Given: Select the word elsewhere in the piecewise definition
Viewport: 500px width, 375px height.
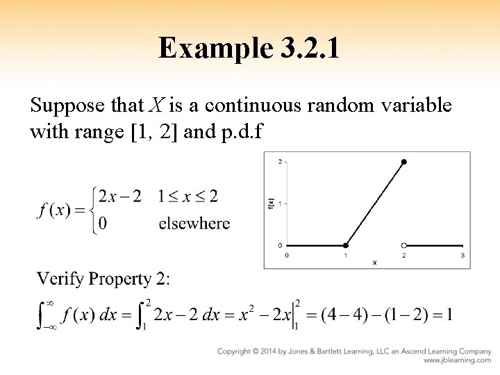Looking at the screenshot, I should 195,224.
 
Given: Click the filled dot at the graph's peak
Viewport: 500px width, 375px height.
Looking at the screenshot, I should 404,162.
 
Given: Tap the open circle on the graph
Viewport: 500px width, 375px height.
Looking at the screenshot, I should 404,245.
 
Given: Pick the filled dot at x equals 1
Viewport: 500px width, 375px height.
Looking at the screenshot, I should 346,245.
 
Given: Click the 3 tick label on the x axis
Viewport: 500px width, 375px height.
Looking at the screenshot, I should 463,255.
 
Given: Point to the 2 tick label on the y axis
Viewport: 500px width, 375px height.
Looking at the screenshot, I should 279,162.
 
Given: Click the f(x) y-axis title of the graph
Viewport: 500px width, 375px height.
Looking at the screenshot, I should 271,203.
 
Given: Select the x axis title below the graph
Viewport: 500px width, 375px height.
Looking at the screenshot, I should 374,262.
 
